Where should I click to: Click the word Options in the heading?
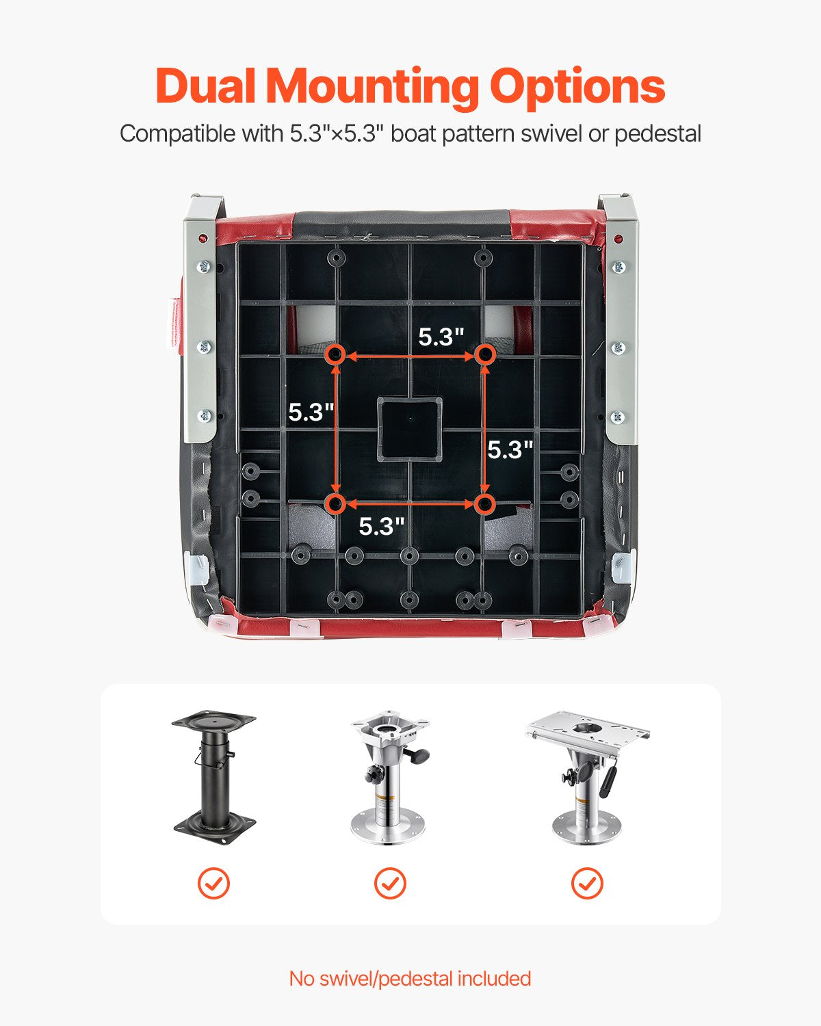point(577,89)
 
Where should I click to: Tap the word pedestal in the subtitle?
point(657,135)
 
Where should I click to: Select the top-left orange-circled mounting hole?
point(336,355)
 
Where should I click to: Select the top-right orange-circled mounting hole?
point(485,355)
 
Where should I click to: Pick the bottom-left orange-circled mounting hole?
point(336,504)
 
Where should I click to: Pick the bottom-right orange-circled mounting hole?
point(485,504)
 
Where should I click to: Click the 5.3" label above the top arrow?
point(441,337)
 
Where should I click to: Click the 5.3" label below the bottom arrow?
point(382,527)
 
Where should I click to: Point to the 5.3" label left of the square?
point(311,412)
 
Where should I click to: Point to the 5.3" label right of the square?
point(510,449)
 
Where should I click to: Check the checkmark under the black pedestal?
point(213,884)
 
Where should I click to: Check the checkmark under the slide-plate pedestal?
point(587,884)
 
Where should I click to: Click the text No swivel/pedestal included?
point(410,978)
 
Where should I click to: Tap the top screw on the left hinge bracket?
point(204,267)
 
